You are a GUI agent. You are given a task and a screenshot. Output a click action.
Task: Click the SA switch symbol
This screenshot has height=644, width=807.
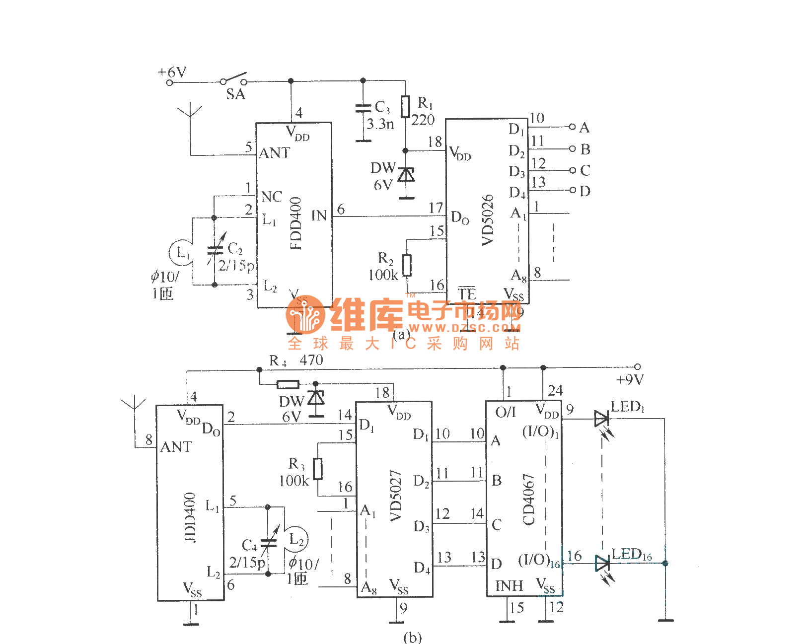pyautogui.click(x=234, y=79)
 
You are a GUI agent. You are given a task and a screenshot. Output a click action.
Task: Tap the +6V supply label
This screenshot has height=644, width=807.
pyautogui.click(x=172, y=72)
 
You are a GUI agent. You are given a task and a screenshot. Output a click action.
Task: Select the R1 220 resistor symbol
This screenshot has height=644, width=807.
pyautogui.click(x=406, y=106)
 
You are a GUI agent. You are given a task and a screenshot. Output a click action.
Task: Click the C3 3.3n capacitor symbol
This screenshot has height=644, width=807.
pyautogui.click(x=364, y=108)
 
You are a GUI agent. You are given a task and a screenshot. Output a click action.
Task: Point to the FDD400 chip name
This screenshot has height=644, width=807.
pyautogui.click(x=295, y=223)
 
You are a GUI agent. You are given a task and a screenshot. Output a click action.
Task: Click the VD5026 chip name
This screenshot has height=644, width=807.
pyautogui.click(x=488, y=219)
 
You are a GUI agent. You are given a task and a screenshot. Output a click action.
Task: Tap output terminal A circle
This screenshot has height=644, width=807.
pyautogui.click(x=572, y=127)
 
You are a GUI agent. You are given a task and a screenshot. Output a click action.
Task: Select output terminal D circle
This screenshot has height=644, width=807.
pyautogui.click(x=572, y=190)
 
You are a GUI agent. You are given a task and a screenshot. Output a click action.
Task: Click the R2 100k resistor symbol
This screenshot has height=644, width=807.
pyautogui.click(x=407, y=265)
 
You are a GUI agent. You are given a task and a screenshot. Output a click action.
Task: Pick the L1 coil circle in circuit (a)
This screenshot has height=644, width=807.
pyautogui.click(x=181, y=252)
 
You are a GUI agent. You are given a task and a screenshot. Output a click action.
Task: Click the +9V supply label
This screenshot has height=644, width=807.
pyautogui.click(x=630, y=380)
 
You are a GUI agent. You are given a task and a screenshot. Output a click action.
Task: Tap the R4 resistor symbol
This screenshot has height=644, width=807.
pyautogui.click(x=288, y=384)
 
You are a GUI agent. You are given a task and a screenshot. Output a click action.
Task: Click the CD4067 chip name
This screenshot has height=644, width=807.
pyautogui.click(x=528, y=499)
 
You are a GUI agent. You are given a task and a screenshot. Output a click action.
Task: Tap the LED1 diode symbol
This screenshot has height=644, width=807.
pyautogui.click(x=601, y=419)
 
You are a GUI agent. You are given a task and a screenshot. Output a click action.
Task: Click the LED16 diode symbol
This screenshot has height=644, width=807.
pyautogui.click(x=602, y=564)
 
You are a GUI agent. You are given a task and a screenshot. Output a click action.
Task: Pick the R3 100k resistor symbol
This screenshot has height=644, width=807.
pyautogui.click(x=318, y=469)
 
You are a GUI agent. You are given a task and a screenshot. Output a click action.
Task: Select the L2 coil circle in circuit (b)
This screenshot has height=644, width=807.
pyautogui.click(x=297, y=539)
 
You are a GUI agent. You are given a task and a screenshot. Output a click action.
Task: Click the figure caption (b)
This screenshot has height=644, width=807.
pyautogui.click(x=412, y=637)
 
